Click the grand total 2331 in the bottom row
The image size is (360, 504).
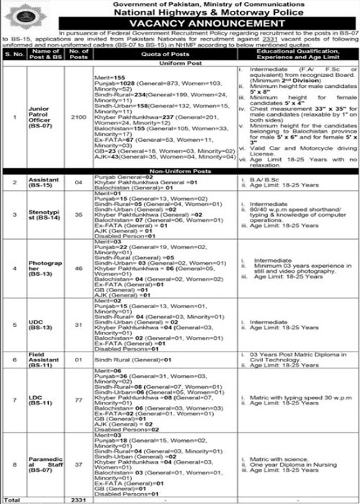point(81,499)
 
